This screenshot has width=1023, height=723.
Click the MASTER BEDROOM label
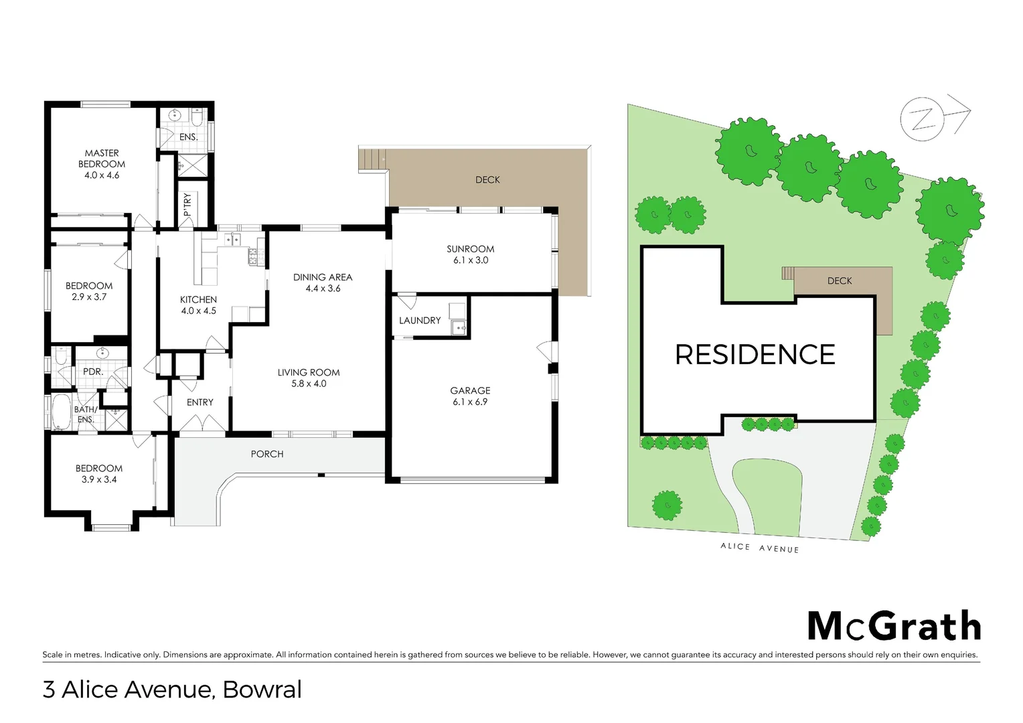(102, 164)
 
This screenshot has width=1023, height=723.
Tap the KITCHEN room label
(198, 305)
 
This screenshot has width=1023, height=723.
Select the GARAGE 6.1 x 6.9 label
(470, 396)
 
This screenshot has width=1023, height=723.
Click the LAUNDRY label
(420, 321)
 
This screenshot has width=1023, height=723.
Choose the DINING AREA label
(323, 283)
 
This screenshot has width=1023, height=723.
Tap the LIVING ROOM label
(309, 378)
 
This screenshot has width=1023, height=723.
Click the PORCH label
(267, 454)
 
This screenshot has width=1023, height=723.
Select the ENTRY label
(200, 402)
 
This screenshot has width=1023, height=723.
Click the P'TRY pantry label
(187, 204)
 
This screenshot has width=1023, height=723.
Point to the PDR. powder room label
(92, 372)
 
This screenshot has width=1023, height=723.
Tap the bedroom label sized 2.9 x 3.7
(89, 291)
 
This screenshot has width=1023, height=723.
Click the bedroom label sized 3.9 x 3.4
(99, 474)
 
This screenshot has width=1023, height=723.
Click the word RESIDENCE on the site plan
(755, 355)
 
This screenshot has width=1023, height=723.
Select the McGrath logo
(894, 627)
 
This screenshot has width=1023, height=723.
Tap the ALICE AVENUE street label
(759, 548)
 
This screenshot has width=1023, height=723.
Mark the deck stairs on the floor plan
(373, 159)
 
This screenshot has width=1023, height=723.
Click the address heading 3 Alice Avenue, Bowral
(172, 690)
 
